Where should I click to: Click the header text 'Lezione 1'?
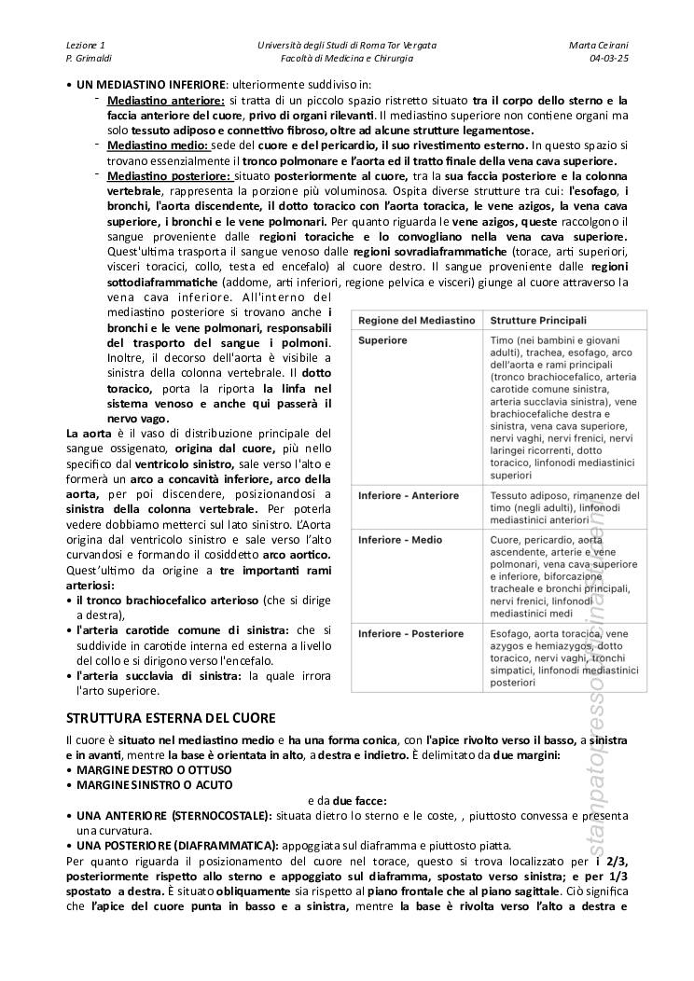(x=86, y=45)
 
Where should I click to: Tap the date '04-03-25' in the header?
(x=608, y=58)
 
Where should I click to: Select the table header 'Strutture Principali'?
(x=538, y=319)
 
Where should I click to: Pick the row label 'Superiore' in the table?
(x=382, y=340)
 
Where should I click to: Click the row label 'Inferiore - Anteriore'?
(x=409, y=496)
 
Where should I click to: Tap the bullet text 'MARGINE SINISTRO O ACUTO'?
(x=155, y=785)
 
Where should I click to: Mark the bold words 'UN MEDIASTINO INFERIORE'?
(x=150, y=84)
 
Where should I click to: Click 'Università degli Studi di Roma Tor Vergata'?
(x=346, y=45)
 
